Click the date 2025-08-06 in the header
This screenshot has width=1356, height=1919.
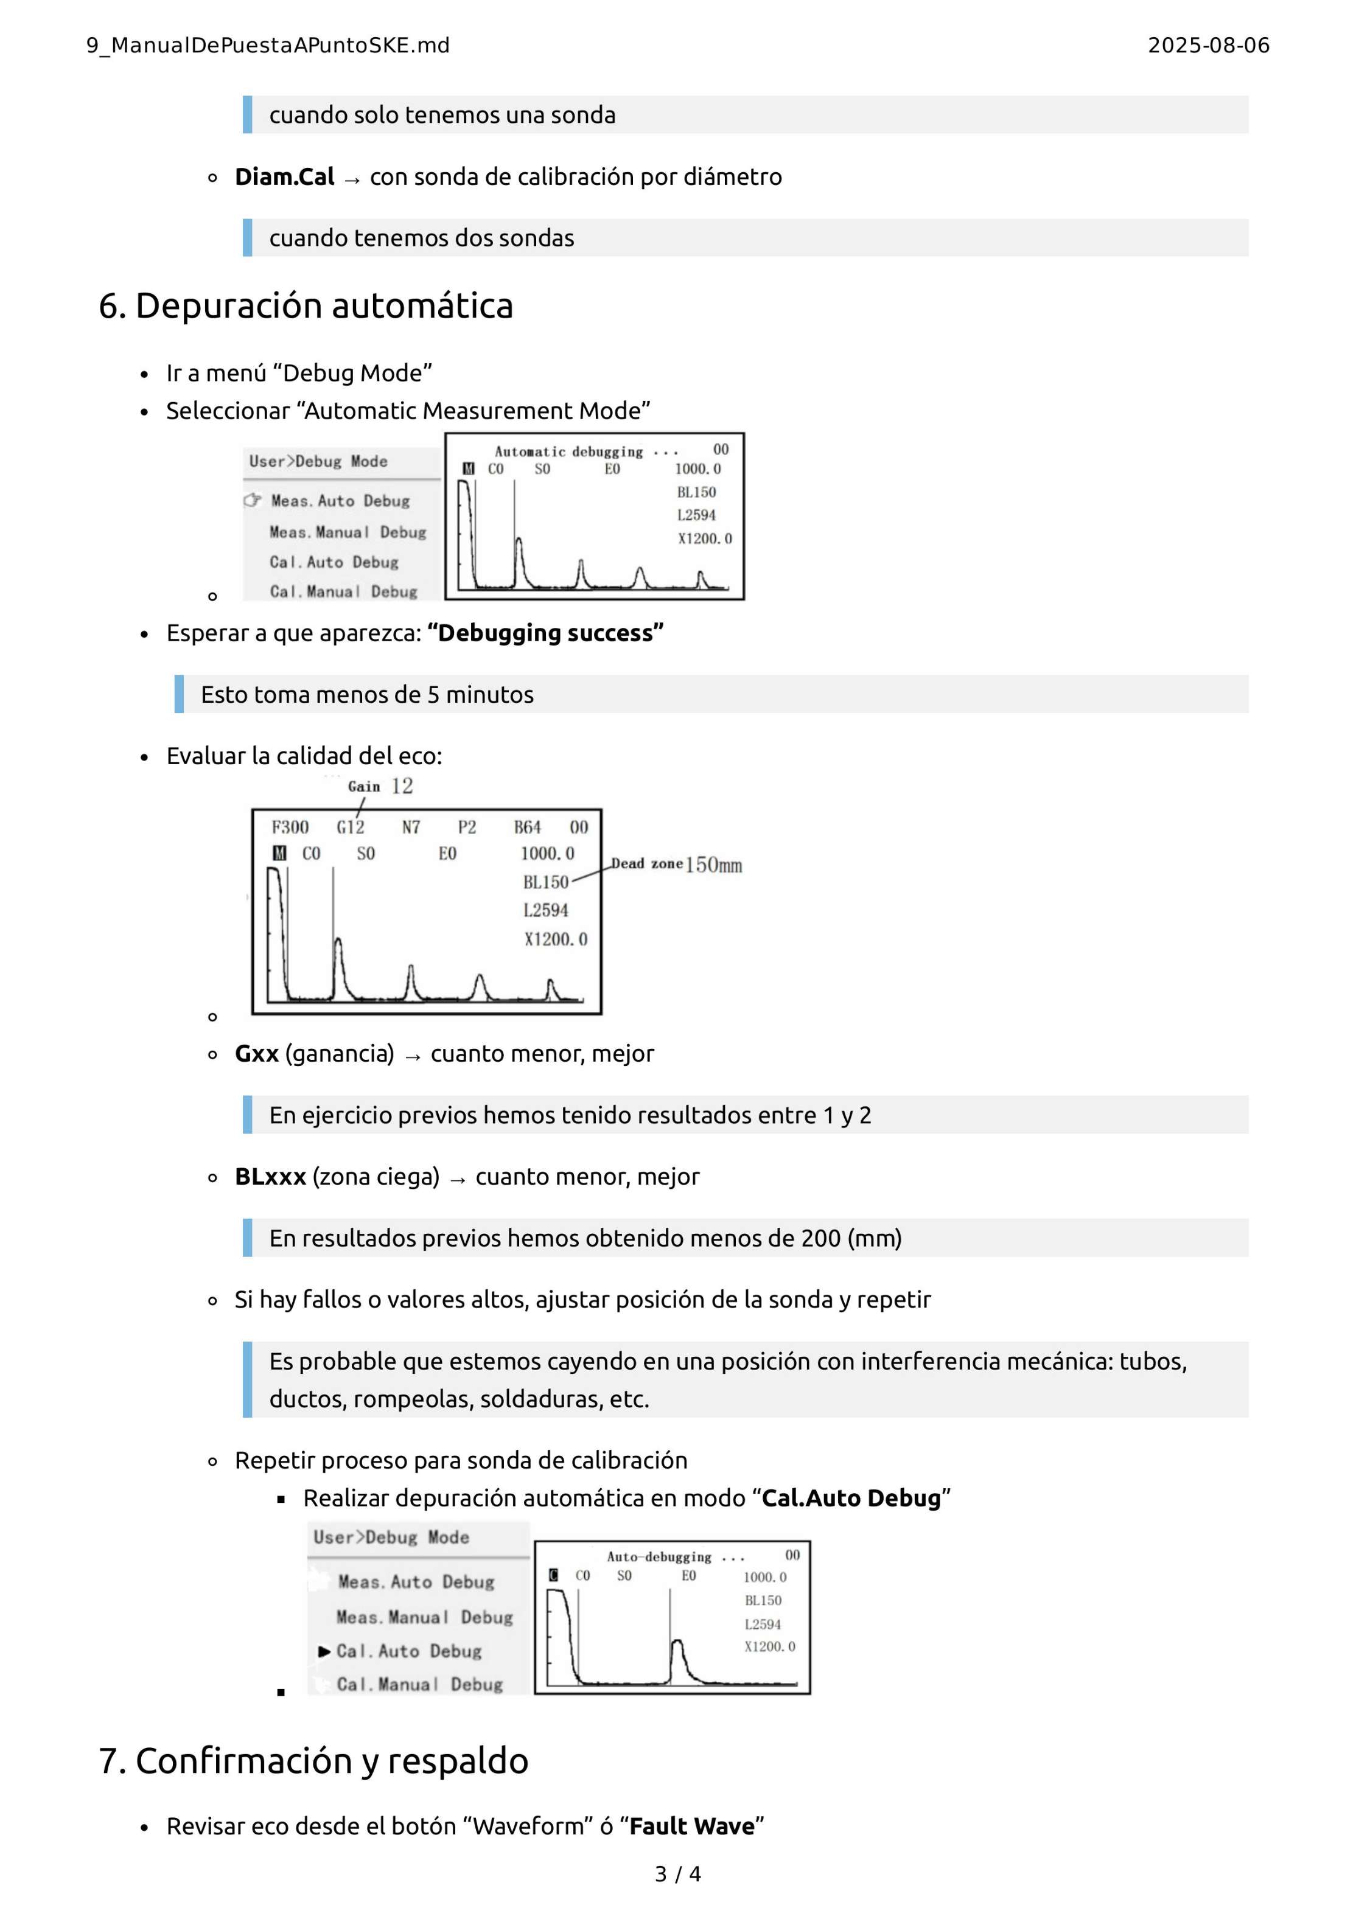(1208, 45)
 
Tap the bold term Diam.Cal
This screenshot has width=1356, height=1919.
(284, 177)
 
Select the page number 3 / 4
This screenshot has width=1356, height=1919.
(677, 1874)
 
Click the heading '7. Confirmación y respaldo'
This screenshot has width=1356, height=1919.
(313, 1760)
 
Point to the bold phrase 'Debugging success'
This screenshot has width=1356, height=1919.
(545, 633)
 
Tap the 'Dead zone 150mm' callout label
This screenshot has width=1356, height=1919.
(676, 864)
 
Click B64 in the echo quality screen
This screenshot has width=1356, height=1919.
(526, 827)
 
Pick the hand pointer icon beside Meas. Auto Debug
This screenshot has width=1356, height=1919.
(253, 501)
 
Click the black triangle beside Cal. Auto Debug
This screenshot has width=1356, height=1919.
(324, 1651)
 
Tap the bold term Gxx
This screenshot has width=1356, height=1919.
(256, 1054)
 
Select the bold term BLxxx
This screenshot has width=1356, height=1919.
(270, 1177)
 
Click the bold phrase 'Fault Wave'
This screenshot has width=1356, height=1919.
(691, 1827)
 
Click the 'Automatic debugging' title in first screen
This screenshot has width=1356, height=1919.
(568, 452)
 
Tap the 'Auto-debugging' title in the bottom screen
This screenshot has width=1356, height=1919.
(659, 1557)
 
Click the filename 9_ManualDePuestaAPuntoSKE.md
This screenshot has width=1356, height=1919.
(268, 45)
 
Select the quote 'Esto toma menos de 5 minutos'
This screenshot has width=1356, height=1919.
(367, 695)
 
